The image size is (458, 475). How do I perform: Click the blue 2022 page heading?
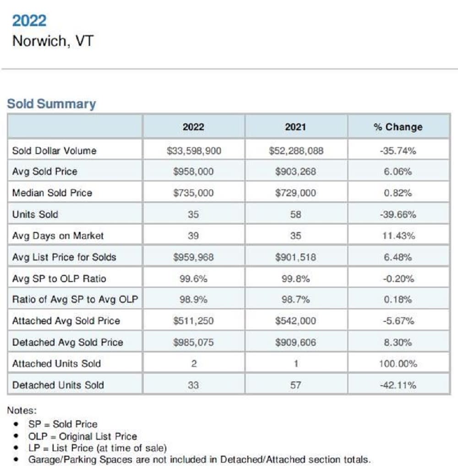coord(29,21)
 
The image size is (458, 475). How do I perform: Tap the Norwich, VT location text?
coord(53,41)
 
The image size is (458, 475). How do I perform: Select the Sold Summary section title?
coord(51,104)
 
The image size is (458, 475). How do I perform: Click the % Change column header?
coord(398,127)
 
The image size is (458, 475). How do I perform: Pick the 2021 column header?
coord(295,127)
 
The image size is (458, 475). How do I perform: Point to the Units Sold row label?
coord(35,215)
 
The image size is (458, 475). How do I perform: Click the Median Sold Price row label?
coord(52,193)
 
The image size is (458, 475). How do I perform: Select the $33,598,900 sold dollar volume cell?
coord(193,151)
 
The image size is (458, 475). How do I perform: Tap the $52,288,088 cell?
coord(295,151)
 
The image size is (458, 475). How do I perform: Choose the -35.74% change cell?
coord(398,151)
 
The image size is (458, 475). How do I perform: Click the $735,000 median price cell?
coord(193,193)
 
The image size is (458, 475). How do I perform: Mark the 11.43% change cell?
coord(398,236)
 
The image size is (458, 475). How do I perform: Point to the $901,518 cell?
coord(295,257)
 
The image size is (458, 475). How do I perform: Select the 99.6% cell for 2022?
coord(193,279)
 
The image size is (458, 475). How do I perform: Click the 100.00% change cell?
coord(398,364)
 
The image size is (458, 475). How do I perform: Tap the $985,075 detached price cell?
coord(193,342)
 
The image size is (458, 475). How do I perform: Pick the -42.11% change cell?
coord(398,385)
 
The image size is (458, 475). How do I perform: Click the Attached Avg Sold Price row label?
coord(66,321)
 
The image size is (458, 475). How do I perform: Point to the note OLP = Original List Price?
coord(82,436)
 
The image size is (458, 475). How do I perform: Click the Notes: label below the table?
coord(22,411)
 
